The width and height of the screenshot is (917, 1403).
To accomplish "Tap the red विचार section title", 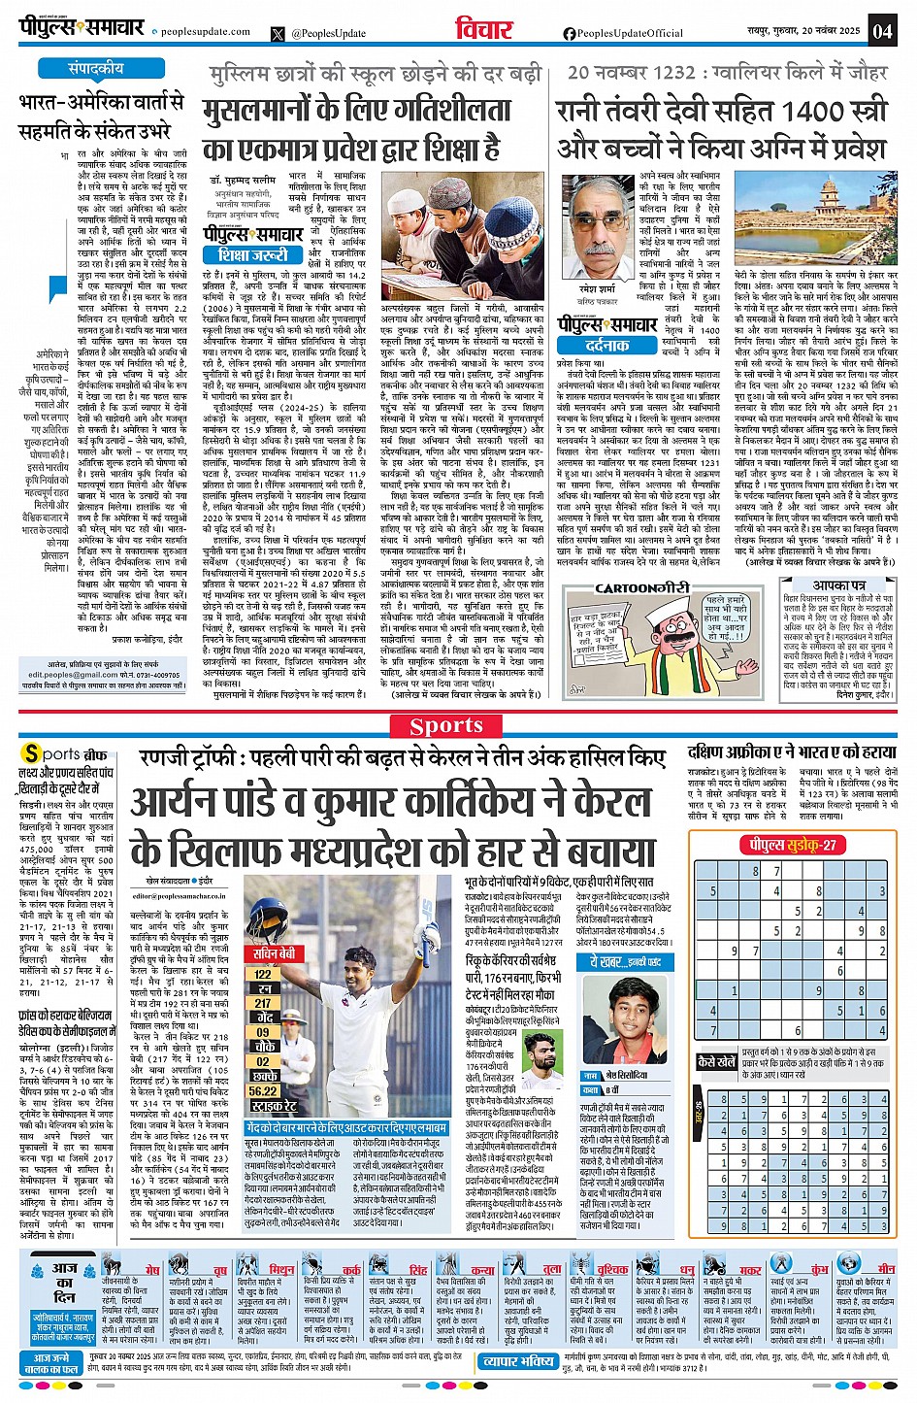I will [x=483, y=30].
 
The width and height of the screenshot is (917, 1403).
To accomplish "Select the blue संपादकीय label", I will [x=96, y=69].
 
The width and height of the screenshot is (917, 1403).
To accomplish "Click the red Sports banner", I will [x=445, y=725].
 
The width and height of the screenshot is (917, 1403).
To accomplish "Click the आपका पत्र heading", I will [x=839, y=585].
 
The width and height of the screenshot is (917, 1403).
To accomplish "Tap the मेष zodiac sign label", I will [x=151, y=1270].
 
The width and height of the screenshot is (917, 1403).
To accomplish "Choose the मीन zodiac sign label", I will [x=886, y=1269].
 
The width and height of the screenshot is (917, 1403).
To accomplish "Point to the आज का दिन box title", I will [x=65, y=1277].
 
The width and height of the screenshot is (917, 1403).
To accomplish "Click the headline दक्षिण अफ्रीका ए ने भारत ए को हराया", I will [x=791, y=752].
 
